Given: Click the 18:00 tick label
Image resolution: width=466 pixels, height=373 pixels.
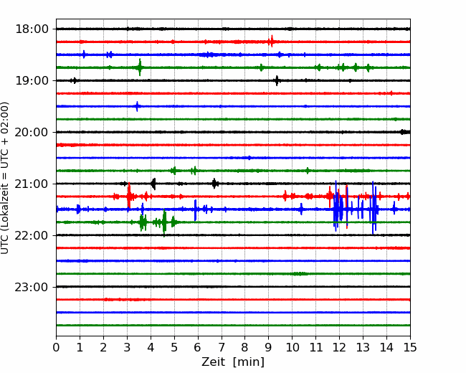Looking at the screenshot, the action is click(x=32, y=29).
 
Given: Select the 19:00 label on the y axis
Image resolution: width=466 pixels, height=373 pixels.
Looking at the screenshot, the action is click(x=32, y=80).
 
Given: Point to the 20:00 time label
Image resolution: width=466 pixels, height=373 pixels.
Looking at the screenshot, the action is click(x=32, y=132).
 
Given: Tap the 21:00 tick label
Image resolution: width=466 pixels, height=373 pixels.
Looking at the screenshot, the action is click(x=32, y=184).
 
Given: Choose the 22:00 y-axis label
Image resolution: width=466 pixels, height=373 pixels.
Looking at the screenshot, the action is click(x=32, y=235).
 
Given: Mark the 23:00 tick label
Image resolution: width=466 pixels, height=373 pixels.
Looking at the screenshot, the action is click(x=32, y=287).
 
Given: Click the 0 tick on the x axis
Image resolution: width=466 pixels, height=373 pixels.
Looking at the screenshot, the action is click(x=56, y=347).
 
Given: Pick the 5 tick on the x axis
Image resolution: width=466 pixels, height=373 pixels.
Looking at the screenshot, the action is click(x=174, y=347).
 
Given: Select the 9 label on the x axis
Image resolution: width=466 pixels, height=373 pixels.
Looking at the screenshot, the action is click(x=269, y=347).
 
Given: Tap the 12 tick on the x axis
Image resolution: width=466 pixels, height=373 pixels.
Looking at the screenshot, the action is click(x=339, y=347).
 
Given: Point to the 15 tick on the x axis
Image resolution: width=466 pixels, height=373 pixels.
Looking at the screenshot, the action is click(x=410, y=347).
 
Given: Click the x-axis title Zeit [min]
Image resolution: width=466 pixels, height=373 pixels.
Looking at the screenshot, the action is click(x=233, y=362).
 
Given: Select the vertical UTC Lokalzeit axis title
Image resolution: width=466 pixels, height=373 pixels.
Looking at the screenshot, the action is click(x=5, y=178).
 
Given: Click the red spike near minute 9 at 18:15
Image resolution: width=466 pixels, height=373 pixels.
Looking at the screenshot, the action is click(x=271, y=42).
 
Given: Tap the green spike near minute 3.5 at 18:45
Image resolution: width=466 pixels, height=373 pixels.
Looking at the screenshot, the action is click(x=140, y=67).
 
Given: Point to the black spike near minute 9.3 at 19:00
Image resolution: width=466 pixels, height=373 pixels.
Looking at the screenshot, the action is click(x=277, y=80).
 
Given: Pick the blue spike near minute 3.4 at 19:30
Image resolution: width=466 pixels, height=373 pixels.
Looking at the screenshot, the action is click(x=137, y=106).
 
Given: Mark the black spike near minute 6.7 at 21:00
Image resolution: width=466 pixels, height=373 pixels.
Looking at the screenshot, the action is click(x=214, y=184).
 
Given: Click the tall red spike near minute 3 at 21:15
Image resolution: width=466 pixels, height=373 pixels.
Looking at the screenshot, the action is click(x=128, y=196).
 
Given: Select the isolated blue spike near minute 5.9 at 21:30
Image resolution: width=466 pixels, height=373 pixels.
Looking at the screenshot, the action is click(x=195, y=210).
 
